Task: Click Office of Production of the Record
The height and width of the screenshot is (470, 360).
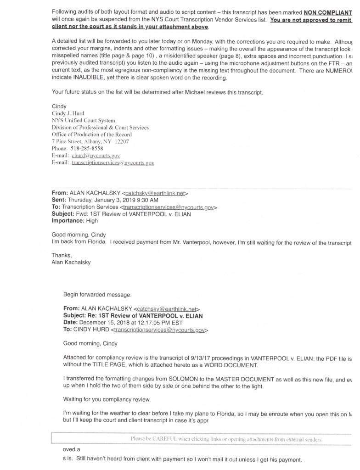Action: click(x=92, y=134)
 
